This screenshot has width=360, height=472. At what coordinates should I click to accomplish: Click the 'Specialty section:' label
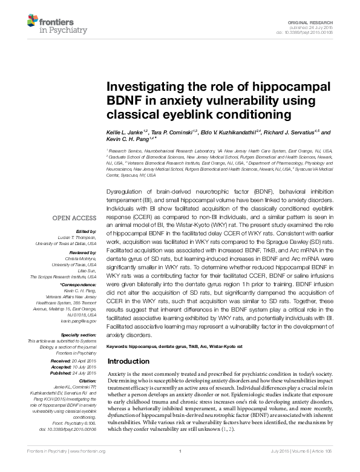(79, 335)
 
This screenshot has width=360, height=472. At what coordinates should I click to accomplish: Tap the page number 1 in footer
(180, 468)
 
